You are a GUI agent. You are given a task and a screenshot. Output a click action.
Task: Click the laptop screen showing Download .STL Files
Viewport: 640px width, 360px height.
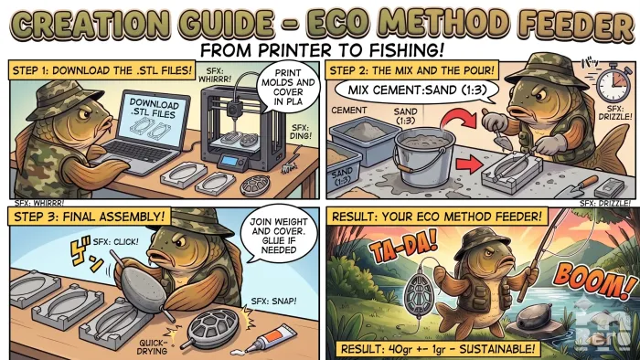(154, 118)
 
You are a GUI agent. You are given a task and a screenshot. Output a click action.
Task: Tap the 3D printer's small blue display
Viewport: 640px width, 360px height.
(229, 162)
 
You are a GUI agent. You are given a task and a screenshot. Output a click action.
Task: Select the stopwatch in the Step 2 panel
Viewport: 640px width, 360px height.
(613, 82)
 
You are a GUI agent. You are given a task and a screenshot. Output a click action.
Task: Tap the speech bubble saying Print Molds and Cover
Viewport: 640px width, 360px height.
(288, 87)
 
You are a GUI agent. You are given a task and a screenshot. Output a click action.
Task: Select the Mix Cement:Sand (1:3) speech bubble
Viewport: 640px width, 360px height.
(416, 90)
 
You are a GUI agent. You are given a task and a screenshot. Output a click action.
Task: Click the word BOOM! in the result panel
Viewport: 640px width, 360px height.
(592, 280)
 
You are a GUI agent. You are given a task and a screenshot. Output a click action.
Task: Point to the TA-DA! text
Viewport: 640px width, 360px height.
(403, 245)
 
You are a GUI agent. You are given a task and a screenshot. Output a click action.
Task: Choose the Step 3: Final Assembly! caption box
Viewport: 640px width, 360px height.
(89, 216)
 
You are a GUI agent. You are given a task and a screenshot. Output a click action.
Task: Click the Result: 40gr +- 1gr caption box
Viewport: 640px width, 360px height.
(437, 349)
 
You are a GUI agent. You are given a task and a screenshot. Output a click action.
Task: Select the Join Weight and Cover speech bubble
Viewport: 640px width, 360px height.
(279, 235)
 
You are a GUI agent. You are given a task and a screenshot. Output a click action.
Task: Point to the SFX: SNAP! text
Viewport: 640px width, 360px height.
(273, 302)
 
